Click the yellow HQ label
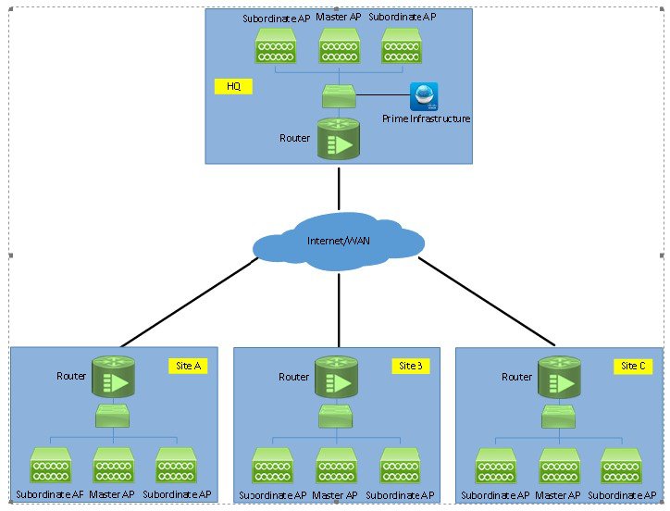point(232,87)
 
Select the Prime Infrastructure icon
point(424,96)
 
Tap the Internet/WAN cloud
point(339,242)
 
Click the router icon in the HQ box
point(339,138)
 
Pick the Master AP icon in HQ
point(339,45)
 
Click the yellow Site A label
point(188,366)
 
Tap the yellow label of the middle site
point(411,366)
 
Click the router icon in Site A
point(113,377)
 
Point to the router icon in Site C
point(559,377)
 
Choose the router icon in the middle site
point(336,377)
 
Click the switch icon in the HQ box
point(339,94)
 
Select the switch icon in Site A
point(113,418)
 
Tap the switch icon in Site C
point(559,417)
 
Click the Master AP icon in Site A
point(113,466)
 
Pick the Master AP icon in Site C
point(559,466)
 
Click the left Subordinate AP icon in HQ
point(275,45)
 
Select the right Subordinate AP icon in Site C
point(622,466)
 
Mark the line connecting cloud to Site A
point(190,302)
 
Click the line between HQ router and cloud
point(339,189)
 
